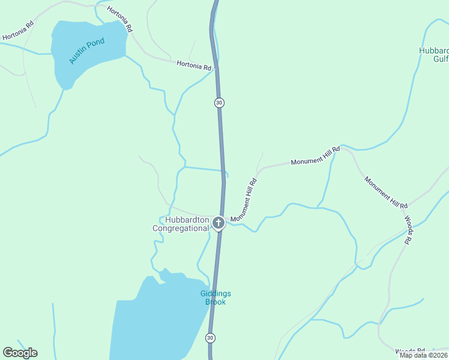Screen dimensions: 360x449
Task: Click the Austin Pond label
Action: point(86,51)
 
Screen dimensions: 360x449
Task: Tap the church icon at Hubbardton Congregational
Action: point(218,224)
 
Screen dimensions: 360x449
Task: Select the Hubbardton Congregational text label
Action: point(180,224)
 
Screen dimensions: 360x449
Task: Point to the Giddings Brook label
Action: point(215,298)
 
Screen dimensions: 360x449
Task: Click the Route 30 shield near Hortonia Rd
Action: point(219,103)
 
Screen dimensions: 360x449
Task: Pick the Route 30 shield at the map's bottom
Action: point(211,338)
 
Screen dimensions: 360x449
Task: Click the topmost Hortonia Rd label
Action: point(120,19)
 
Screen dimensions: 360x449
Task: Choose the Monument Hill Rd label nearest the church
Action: point(244,200)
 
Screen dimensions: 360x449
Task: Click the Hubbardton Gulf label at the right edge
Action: point(433,55)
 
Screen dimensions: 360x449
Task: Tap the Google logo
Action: point(20,353)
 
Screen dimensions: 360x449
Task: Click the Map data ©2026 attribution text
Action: point(423,355)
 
